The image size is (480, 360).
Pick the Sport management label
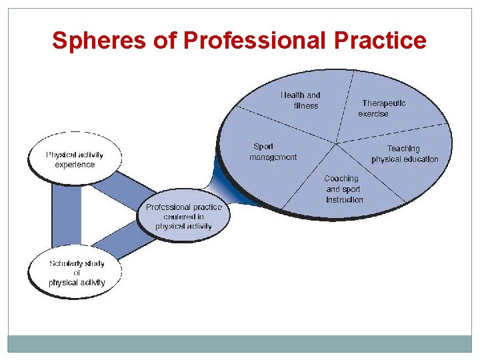tap(273, 152)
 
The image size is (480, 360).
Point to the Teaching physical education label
tap(405, 153)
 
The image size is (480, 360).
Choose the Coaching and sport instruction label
tap(344, 189)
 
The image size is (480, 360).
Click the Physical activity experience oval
tap(75, 159)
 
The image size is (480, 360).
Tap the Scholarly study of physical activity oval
tap(76, 273)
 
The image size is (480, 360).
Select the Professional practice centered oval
tap(183, 217)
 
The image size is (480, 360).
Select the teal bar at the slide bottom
tap(240, 343)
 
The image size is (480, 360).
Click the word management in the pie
tap(273, 157)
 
